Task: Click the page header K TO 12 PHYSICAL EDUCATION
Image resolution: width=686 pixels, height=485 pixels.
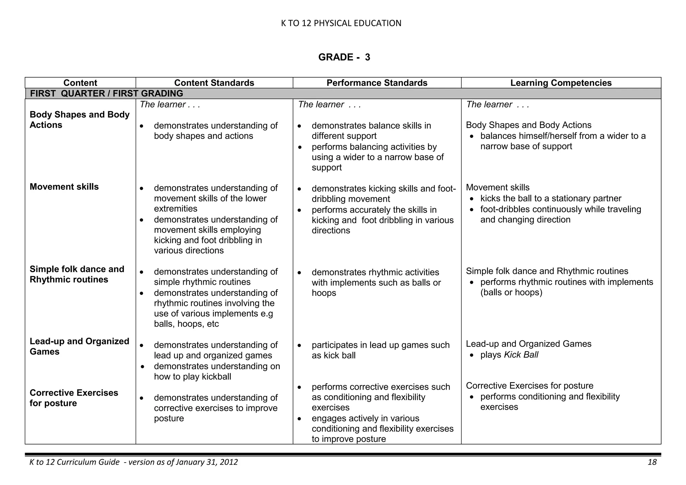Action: pos(341,23)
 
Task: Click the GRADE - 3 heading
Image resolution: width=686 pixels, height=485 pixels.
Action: pos(344,57)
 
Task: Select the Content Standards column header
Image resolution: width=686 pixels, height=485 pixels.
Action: pos(214,83)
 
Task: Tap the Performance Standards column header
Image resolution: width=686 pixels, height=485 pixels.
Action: pos(377,83)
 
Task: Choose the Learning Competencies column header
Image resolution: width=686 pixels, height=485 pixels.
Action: pos(561,83)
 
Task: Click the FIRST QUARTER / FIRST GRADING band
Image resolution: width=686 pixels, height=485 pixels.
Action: pos(107,93)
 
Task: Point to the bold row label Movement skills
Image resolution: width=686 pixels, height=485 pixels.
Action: pos(64,187)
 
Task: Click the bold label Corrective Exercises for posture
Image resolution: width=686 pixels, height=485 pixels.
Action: pos(74,398)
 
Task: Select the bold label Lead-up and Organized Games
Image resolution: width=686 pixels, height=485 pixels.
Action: pos(79,346)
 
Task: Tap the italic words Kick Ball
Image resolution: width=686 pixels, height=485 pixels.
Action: pos(521,355)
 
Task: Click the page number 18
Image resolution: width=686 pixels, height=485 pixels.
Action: pos(652,462)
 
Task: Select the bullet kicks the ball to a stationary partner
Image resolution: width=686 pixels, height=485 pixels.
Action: pos(551,198)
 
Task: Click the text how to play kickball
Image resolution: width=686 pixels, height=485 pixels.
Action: pos(192,377)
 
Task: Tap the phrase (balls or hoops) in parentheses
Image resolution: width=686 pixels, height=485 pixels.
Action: pos(511,293)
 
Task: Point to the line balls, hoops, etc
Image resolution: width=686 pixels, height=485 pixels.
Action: pos(186,324)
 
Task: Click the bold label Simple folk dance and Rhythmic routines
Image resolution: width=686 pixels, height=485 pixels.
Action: pos(77,274)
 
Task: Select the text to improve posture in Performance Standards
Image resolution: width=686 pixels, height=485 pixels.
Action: pos(349,439)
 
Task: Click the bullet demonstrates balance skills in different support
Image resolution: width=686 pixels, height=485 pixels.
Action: pos(371,131)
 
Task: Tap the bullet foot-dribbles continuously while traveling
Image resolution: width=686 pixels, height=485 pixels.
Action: pos(560,209)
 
